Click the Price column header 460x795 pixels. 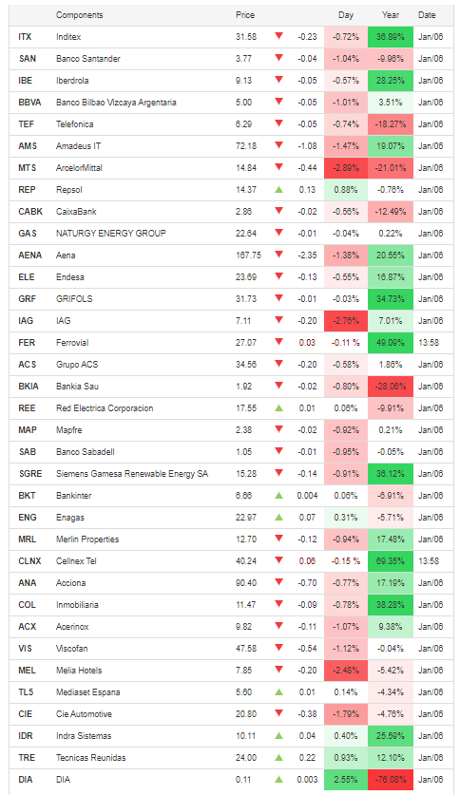tap(245, 15)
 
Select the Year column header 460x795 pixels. tap(390, 15)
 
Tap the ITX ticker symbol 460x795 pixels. tap(25, 37)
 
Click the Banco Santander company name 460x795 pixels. tap(88, 59)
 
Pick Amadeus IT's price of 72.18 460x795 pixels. tap(246, 146)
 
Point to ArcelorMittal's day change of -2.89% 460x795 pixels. tap(346, 168)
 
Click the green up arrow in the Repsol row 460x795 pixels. tap(278, 190)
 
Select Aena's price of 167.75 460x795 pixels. tap(248, 256)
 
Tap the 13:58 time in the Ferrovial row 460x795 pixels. tap(429, 343)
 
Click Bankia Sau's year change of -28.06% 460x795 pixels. tap(390, 387)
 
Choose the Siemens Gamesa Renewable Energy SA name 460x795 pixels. tap(132, 474)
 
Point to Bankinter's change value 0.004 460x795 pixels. tap(307, 496)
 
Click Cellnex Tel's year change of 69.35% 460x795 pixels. tap(391, 560)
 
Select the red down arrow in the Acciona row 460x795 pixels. tap(278, 582)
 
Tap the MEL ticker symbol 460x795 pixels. tap(27, 671)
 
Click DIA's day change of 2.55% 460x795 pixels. tap(346, 779)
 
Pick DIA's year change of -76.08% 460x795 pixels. tap(390, 779)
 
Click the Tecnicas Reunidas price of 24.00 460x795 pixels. tap(246, 757)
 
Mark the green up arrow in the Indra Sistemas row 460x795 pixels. tap(278, 736)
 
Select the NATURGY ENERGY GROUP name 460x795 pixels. tap(111, 234)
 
